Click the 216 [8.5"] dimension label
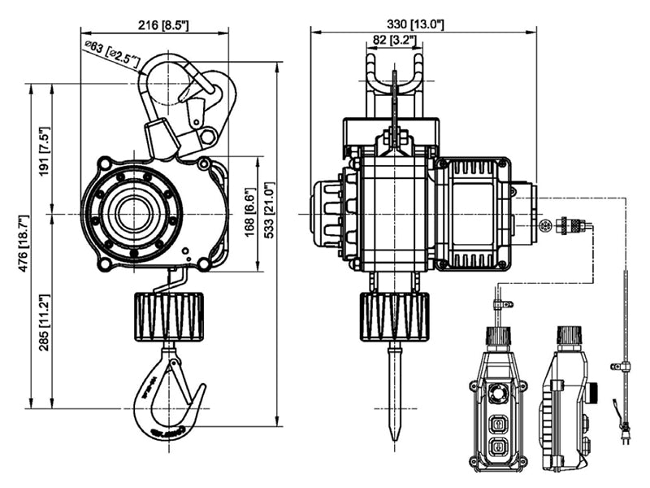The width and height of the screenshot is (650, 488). click(x=163, y=25)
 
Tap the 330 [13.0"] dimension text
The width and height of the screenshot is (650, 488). click(x=415, y=24)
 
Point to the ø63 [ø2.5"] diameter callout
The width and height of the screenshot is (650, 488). click(x=112, y=54)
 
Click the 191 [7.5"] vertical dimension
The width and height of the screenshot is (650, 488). click(x=45, y=150)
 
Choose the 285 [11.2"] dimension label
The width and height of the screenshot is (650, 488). click(x=45, y=322)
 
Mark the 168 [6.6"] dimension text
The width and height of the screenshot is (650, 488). click(x=249, y=212)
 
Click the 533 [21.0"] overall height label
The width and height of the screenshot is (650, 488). click(x=270, y=210)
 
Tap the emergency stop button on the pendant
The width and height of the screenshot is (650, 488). click(x=496, y=392)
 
